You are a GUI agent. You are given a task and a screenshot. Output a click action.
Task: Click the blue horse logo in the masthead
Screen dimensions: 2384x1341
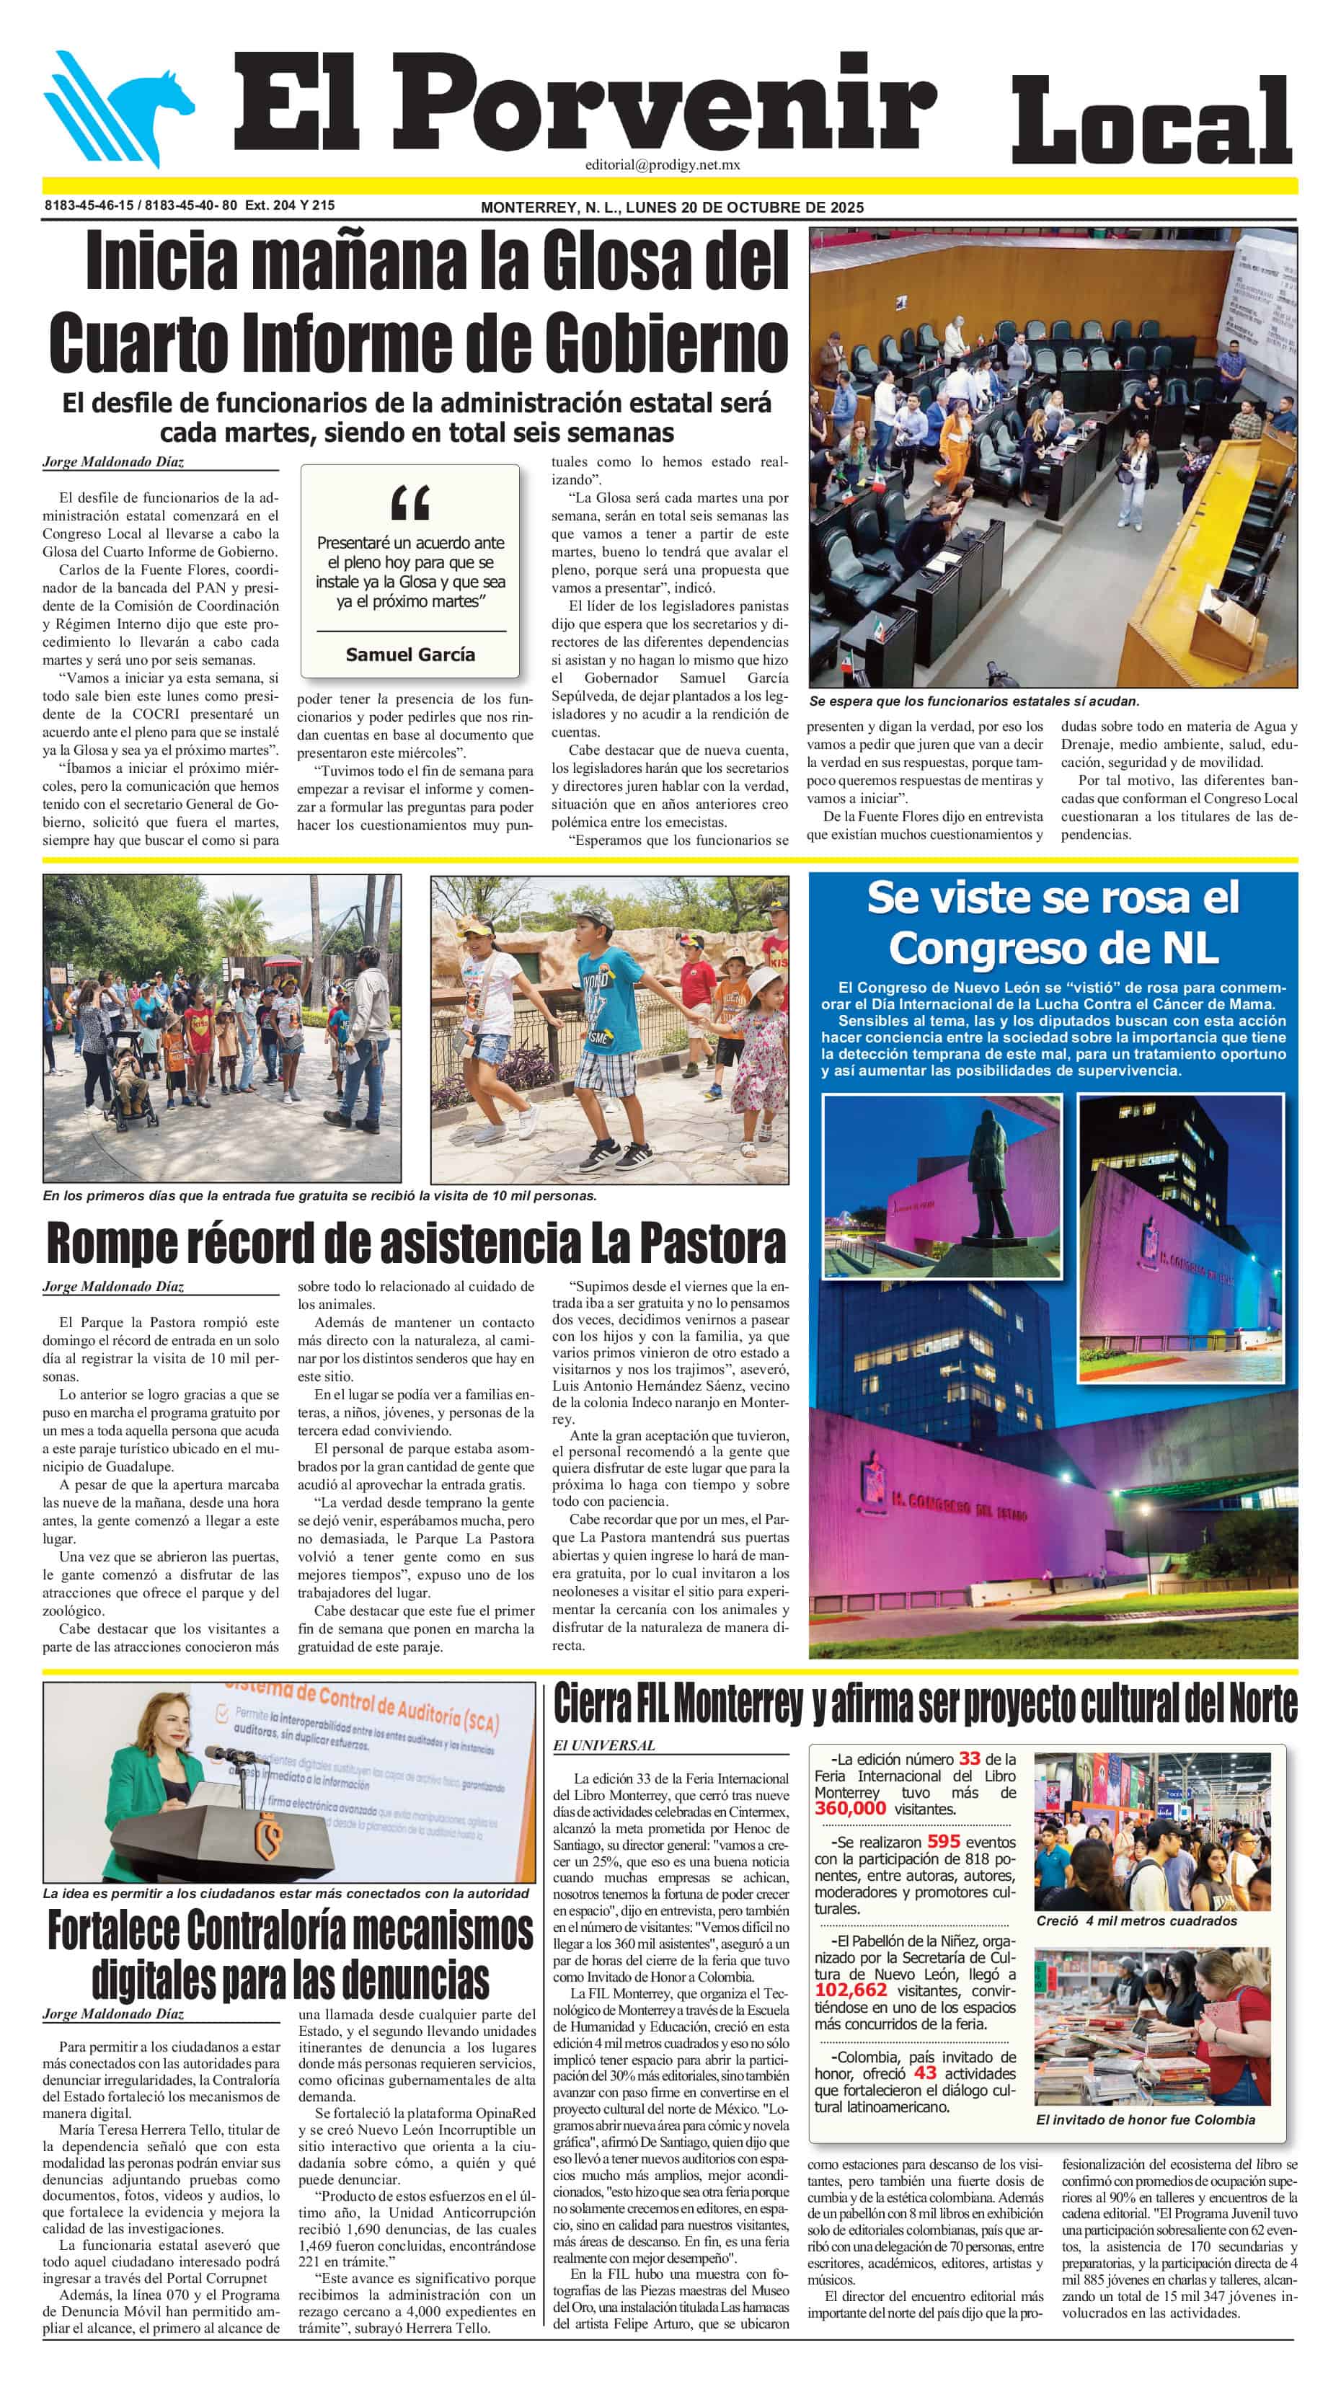[120, 109]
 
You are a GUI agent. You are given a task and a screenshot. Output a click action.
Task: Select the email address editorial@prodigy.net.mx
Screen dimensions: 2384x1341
[662, 166]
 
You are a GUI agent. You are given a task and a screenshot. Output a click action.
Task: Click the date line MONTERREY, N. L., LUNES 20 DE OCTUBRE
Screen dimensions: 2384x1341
[671, 208]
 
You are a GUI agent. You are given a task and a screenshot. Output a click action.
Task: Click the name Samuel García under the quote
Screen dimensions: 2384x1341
[410, 655]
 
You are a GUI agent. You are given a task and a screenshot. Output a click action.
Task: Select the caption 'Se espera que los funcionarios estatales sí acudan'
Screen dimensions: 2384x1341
[973, 701]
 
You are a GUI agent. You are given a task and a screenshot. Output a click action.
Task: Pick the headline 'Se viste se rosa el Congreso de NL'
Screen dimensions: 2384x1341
[1053, 923]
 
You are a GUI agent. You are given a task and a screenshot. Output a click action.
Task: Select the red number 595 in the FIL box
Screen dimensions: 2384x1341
[943, 1843]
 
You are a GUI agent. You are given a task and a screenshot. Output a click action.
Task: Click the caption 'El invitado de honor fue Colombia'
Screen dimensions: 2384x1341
[1145, 2119]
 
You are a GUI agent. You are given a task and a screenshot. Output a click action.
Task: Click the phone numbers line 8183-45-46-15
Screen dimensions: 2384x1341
[189, 205]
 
